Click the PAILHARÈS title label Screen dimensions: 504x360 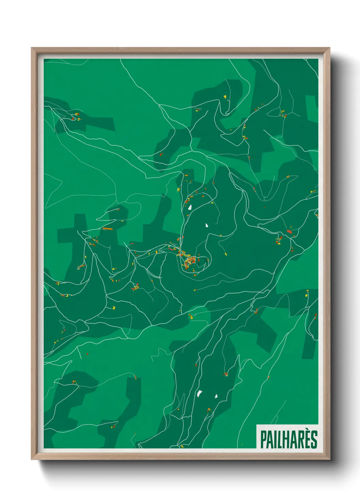[289, 439]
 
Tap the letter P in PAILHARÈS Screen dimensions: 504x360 [263, 439]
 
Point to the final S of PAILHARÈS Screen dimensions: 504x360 [314, 439]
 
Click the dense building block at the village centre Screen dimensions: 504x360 [189, 262]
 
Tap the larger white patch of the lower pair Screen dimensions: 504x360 [199, 393]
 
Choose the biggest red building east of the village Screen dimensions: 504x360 [289, 232]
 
